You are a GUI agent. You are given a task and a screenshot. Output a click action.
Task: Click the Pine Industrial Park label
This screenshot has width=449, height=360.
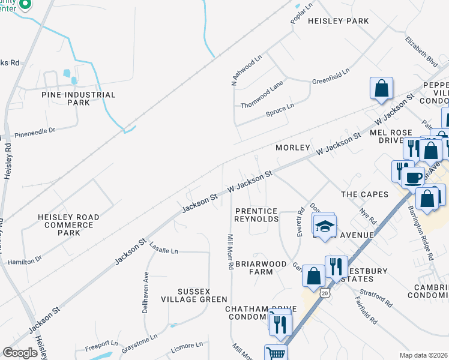pos(78,98)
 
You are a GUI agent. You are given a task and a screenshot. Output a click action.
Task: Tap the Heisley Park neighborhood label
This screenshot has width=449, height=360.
pos(338,21)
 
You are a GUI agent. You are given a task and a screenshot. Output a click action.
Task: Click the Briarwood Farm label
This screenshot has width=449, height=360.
pos(262,267)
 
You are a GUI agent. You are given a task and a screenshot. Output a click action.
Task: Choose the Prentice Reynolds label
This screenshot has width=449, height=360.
pos(257,215)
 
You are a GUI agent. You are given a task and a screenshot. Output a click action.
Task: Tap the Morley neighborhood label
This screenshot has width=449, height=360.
pos(292,147)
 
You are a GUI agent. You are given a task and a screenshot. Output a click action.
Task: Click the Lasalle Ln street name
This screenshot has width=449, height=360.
pos(164,249)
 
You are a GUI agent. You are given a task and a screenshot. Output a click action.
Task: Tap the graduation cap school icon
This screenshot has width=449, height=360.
pos(324,227)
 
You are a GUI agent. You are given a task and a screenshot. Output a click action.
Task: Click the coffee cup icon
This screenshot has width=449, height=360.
pos(412,176)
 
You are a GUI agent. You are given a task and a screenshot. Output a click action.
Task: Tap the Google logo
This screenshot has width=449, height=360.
pos(20,353)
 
